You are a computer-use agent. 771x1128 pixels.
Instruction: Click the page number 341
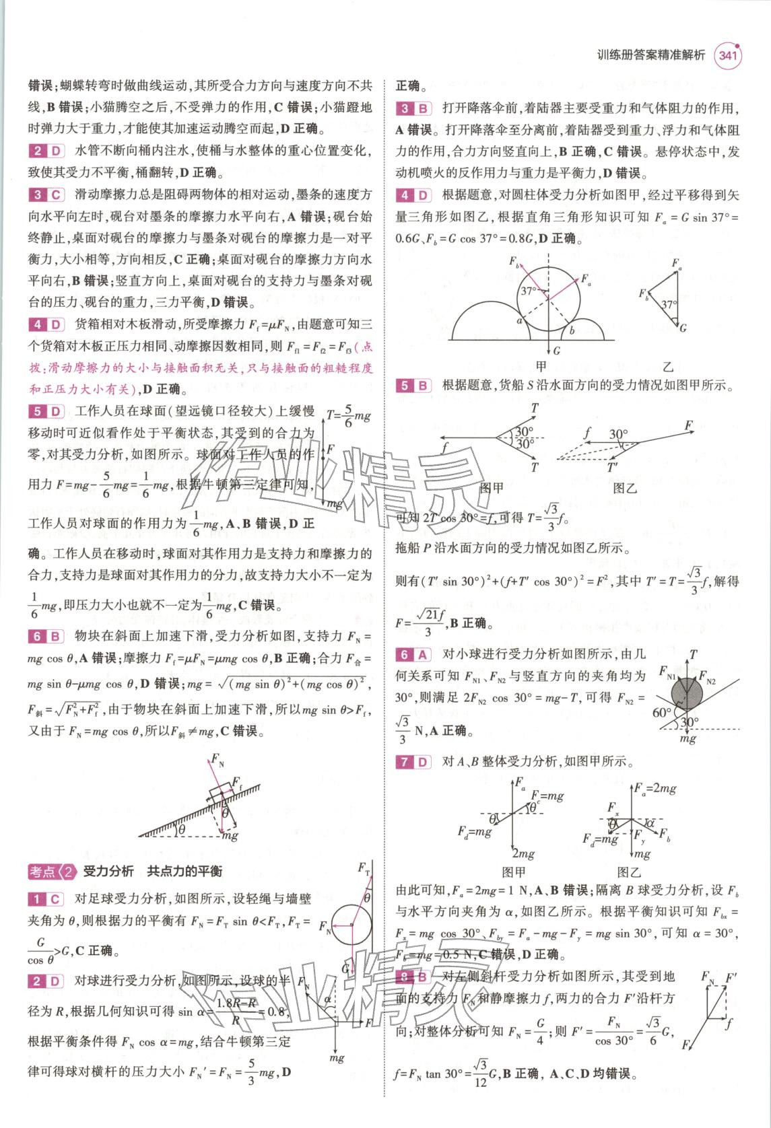point(727,56)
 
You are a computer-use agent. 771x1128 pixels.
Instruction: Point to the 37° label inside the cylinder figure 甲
point(529,291)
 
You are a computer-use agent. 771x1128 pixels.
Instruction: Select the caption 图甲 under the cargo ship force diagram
point(491,487)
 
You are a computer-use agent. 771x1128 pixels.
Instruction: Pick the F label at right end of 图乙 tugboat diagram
point(688,426)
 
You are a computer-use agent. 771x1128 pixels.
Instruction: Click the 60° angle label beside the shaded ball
point(661,712)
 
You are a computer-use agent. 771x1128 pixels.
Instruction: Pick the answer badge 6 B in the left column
point(46,636)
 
